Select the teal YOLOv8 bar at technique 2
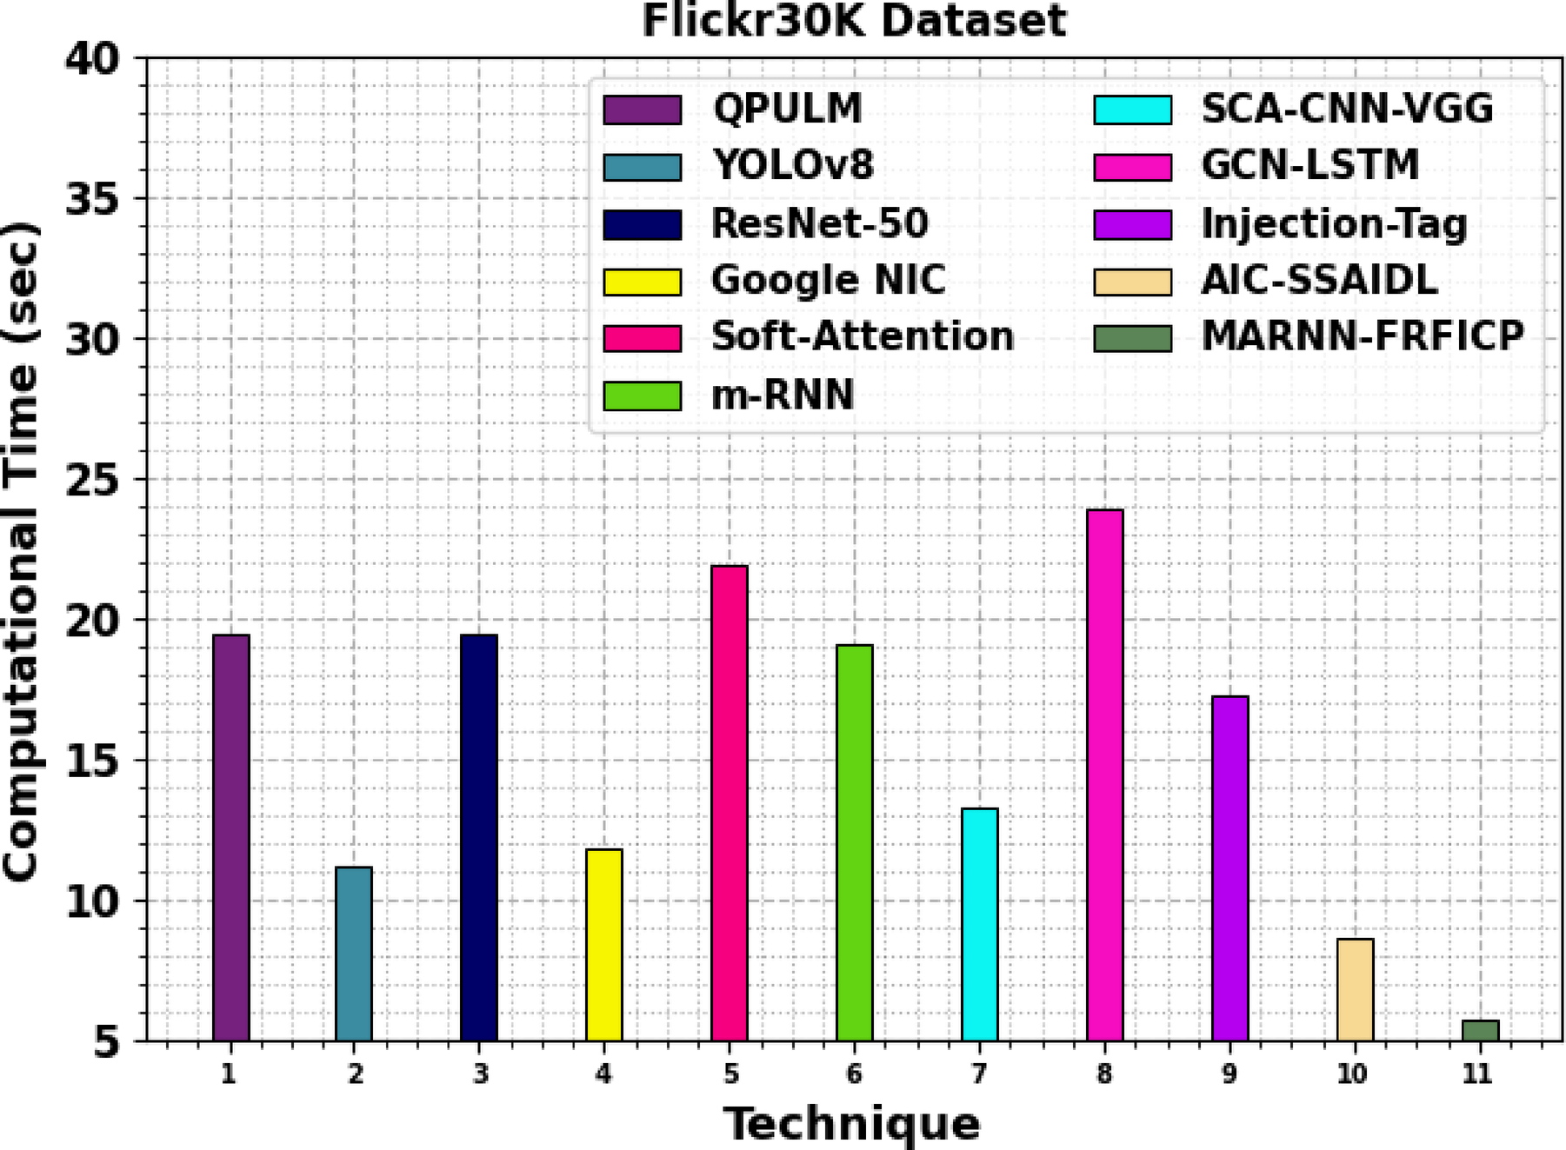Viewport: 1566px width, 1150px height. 354,954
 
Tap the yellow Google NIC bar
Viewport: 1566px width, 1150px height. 603,945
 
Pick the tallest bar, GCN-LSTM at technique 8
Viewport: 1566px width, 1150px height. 1104,774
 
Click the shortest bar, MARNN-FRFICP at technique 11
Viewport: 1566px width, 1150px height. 1480,1031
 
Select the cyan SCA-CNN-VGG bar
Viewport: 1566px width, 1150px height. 979,924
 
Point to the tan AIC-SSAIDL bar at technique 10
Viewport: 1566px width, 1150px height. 1355,989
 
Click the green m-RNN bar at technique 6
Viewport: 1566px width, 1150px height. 854,842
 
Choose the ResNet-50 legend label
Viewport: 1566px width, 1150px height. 819,223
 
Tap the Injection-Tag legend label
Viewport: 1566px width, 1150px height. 1333,223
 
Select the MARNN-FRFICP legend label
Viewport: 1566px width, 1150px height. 1362,336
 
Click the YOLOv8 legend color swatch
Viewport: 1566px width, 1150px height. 642,167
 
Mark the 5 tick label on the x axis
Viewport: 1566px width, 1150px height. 730,1074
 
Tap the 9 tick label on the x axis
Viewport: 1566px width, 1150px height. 1229,1074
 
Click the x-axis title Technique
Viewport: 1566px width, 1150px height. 851,1123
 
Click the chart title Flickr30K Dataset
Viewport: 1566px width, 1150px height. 853,20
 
